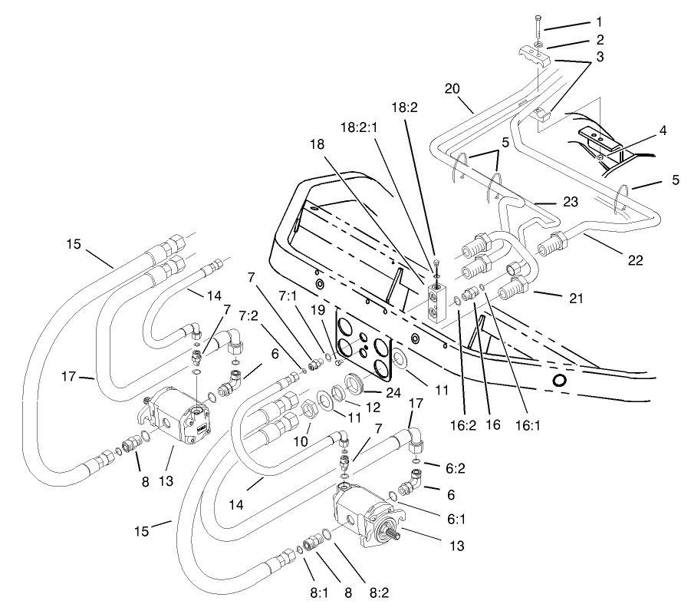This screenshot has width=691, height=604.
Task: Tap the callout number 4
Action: click(x=662, y=131)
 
